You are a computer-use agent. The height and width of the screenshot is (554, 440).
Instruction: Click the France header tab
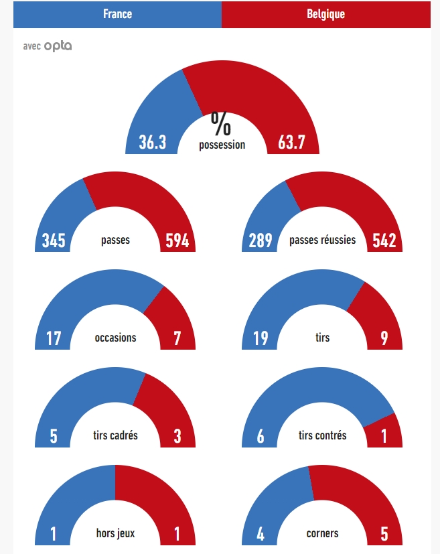coord(117,14)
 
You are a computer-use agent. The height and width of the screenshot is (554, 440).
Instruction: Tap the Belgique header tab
coord(325,14)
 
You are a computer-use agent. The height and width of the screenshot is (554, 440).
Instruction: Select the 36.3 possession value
coord(153,142)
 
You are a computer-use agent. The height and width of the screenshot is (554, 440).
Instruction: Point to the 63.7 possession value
coord(291,142)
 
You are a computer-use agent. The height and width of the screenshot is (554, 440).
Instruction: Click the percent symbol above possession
coord(221,123)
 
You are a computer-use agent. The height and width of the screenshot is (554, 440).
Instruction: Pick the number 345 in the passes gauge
coord(54,240)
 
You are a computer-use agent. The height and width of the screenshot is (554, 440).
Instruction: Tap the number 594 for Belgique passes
coord(177,240)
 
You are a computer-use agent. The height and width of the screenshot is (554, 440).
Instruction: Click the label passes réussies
coord(322,240)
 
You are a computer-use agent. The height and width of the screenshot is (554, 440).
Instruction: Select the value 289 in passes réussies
coord(261,240)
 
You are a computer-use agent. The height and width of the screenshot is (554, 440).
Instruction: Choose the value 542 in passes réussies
coord(384,240)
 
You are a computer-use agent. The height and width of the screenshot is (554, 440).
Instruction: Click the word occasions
coord(115,338)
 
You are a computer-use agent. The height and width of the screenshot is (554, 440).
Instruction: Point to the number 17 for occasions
coord(54,338)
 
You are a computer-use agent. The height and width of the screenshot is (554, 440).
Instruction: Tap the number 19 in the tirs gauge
coord(261,338)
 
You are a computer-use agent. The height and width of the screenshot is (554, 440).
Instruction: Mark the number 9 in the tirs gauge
coord(384,338)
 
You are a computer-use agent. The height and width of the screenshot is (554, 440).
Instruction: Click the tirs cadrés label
coord(115,435)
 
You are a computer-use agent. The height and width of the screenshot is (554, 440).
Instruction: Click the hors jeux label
coord(115,533)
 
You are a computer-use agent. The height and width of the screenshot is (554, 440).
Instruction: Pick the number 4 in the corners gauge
coord(261,534)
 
